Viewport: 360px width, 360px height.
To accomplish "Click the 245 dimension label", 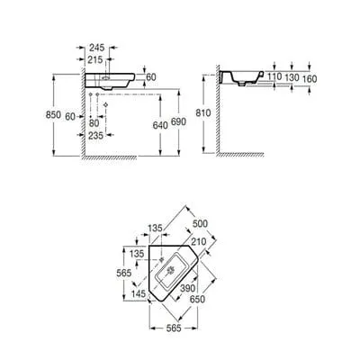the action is [96, 48].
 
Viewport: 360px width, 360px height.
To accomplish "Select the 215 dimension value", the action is [94, 59].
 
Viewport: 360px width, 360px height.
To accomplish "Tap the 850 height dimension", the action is [53, 114].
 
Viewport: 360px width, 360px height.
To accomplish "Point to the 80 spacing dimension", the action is [94, 123].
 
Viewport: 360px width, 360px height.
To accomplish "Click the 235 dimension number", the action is [95, 136].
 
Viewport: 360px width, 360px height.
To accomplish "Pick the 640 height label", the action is [160, 125].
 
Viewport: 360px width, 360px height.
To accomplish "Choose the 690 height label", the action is [178, 121].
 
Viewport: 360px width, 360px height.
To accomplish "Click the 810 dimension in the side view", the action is [203, 113].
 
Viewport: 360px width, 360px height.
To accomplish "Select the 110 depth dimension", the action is [274, 76].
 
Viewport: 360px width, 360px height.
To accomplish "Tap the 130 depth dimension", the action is [292, 77].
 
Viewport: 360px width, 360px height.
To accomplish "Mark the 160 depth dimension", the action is [310, 79].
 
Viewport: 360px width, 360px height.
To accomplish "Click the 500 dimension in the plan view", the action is [200, 223].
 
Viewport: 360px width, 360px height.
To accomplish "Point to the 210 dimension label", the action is [199, 241].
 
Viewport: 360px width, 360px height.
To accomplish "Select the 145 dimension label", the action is [139, 293].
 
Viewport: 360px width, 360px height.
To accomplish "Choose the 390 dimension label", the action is [187, 288].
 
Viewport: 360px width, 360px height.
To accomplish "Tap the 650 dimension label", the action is [198, 299].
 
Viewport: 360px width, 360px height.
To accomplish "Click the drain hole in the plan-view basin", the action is [171, 270].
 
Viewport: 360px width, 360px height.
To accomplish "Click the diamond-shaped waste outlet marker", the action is [105, 104].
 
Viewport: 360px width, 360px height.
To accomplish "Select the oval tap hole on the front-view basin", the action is [106, 78].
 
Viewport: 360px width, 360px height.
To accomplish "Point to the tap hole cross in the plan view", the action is [162, 259].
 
